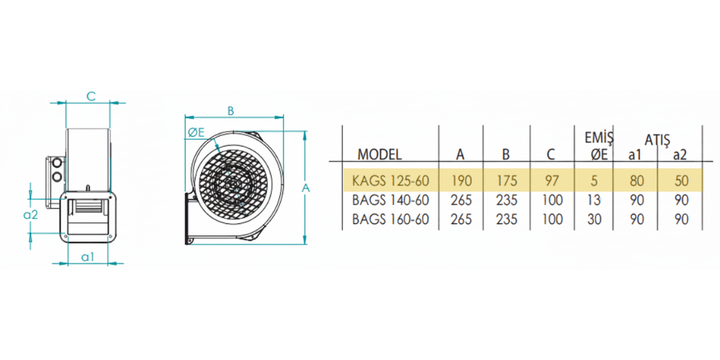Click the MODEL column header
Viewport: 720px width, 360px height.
tap(379, 154)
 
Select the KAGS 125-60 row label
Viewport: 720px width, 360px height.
tap(390, 181)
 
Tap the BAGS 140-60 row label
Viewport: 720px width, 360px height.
tap(390, 199)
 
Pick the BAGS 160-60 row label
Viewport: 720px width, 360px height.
tap(390, 219)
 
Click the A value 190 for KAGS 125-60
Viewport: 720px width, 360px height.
tap(461, 181)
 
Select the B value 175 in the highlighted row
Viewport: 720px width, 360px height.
tap(506, 181)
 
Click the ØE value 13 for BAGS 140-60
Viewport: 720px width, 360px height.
tap(594, 199)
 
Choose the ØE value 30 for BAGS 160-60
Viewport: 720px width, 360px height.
tap(594, 219)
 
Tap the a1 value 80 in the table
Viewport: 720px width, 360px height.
tap(637, 181)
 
